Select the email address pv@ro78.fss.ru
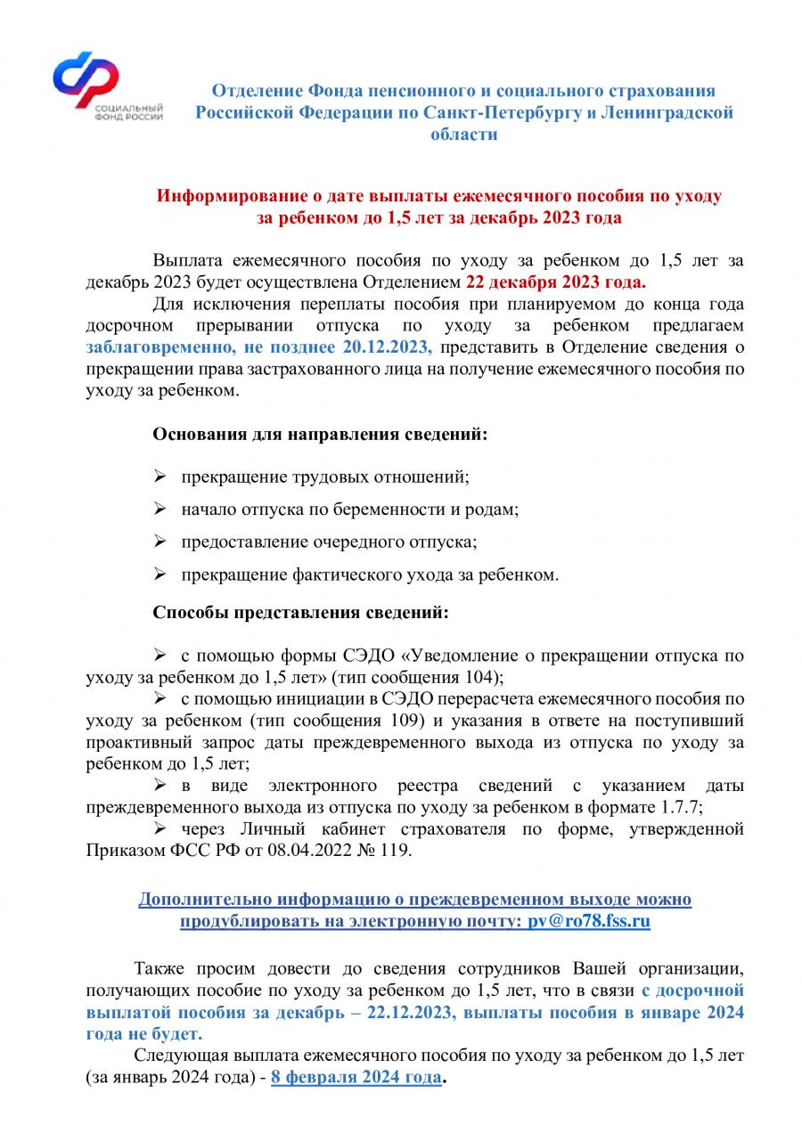[584, 922]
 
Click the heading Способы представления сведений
[301, 614]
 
